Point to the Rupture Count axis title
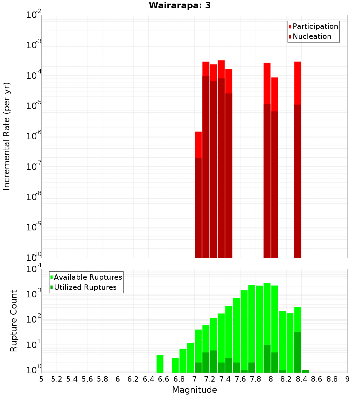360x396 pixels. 14,321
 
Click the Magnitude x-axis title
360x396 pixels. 194,390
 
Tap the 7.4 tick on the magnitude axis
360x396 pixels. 225,379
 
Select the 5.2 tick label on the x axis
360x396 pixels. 57,379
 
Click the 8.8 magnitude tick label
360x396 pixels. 332,379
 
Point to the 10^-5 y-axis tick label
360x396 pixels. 33,106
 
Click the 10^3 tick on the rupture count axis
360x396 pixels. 33,293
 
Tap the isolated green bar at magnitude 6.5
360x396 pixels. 160,364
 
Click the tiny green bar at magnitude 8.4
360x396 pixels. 305,371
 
